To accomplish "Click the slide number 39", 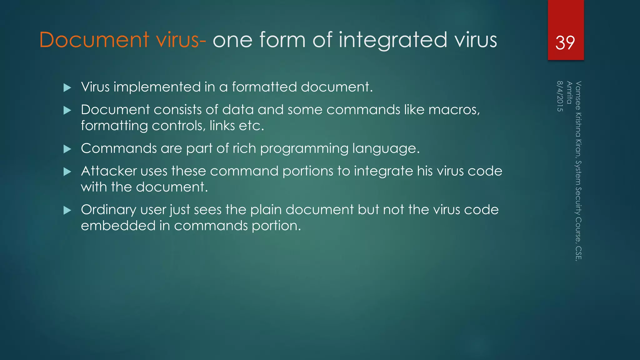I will coord(565,42).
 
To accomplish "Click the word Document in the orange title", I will coord(94,40).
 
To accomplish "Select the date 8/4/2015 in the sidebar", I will coord(560,96).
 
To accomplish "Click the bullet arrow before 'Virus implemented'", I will coord(67,87).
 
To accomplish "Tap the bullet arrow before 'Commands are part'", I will coord(67,149).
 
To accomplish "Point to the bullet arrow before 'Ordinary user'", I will coord(67,210).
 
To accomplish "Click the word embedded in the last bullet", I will coord(118,226).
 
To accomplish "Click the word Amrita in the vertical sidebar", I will coord(569,92).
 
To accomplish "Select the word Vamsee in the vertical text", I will coord(578,96).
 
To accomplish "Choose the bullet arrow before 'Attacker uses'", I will coord(67,172).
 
